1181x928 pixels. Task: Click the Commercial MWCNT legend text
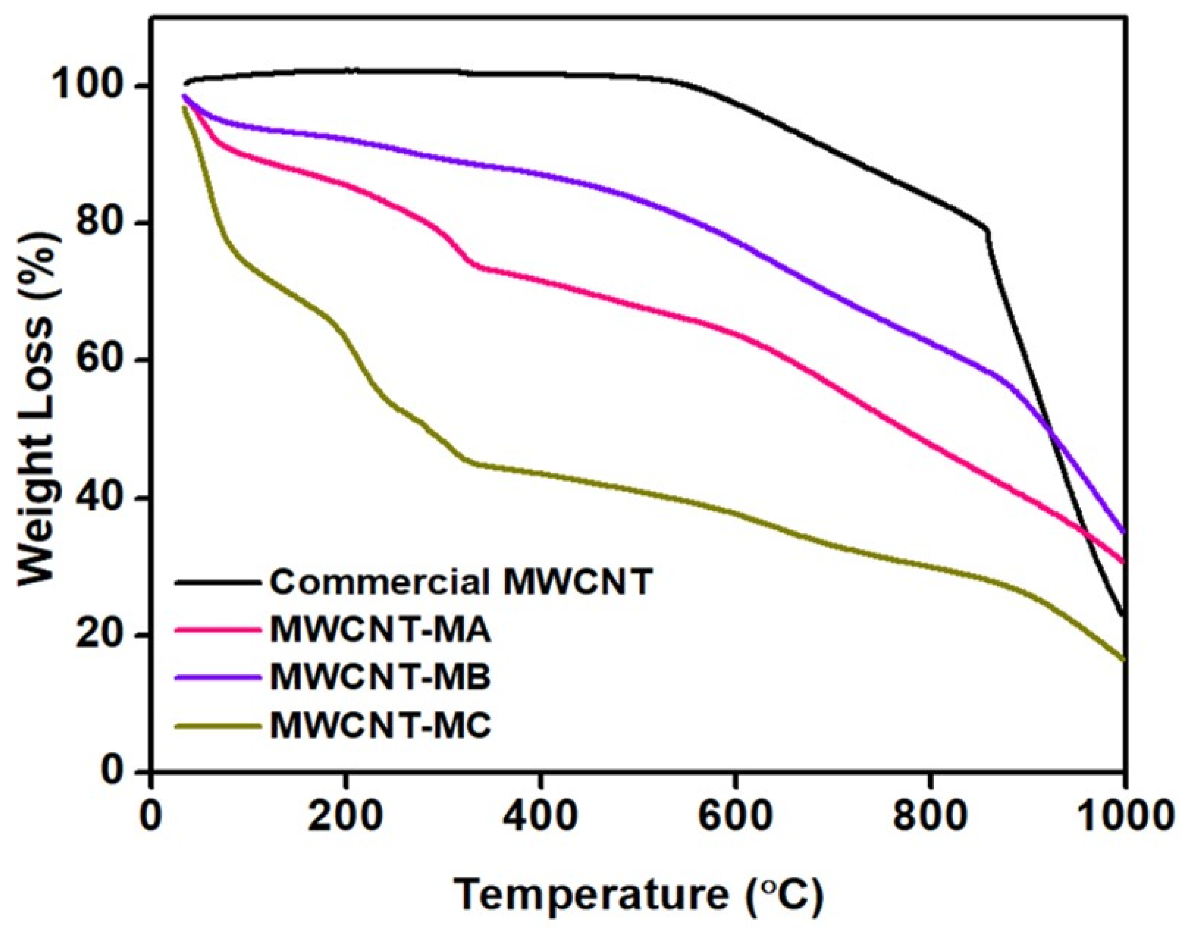point(460,582)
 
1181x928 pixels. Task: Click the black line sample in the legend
point(216,582)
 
